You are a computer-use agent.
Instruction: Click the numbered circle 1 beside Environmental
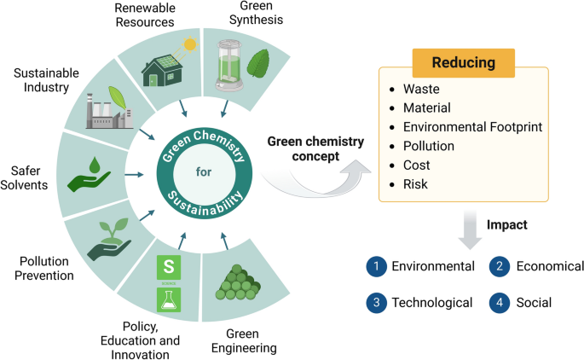tap(375, 266)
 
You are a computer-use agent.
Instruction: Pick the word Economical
tap(550, 266)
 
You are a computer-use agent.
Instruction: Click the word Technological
tap(431, 302)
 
